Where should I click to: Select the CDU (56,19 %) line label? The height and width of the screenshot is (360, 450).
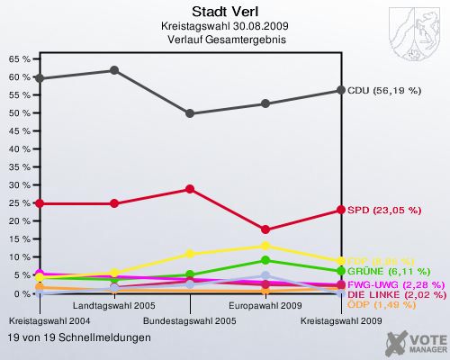(x=384, y=91)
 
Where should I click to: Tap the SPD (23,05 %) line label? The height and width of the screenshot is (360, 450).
(x=384, y=210)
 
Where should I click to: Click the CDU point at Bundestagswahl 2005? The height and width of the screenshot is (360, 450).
(x=190, y=113)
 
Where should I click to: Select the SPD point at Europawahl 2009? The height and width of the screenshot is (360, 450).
(x=265, y=229)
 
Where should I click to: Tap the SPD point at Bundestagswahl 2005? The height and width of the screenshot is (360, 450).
(x=190, y=189)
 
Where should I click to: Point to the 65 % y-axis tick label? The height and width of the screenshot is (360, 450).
(x=18, y=58)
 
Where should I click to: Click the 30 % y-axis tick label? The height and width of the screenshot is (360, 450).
(x=18, y=185)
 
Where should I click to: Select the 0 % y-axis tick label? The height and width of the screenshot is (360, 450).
(x=21, y=294)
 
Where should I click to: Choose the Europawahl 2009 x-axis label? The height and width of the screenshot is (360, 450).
(x=265, y=307)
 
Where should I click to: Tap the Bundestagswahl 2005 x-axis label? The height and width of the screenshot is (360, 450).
(x=190, y=320)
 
